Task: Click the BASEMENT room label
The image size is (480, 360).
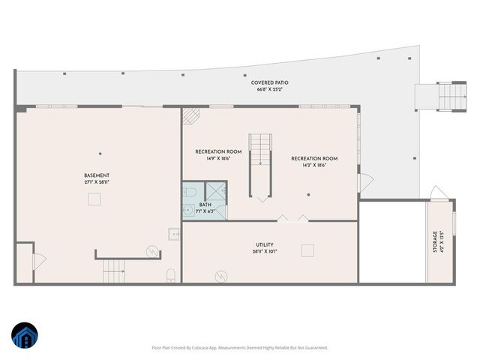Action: tap(100, 175)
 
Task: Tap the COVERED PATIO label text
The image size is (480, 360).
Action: tap(270, 82)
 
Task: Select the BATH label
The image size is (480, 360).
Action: tap(205, 205)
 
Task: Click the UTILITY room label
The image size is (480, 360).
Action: tap(264, 244)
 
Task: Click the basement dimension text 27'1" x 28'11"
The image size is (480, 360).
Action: tap(100, 182)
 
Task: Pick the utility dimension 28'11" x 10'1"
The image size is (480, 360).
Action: tap(264, 251)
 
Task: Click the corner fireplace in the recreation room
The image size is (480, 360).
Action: tap(190, 116)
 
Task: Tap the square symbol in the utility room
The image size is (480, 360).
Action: tap(306, 250)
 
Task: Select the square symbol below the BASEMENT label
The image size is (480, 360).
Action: tap(95, 198)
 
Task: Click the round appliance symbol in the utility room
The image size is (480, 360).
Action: tap(221, 276)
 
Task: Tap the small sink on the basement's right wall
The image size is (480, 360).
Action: tap(175, 234)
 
